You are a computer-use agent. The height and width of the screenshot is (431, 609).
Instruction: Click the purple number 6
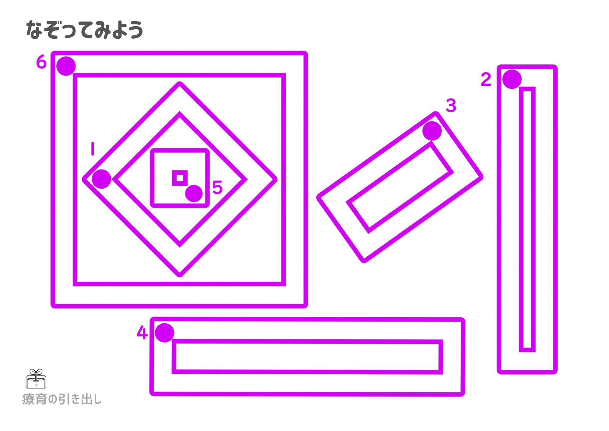point(41,62)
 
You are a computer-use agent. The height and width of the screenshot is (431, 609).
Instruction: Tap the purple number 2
point(486,79)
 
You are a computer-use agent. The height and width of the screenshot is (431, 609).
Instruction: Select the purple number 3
point(451,105)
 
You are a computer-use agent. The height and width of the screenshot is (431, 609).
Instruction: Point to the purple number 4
point(142,332)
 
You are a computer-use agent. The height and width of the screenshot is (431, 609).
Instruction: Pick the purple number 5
point(217,187)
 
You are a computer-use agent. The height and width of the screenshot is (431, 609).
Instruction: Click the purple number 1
point(93,149)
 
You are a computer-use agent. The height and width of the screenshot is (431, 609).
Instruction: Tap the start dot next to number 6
point(66,66)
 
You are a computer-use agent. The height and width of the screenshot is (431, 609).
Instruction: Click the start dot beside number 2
point(512,79)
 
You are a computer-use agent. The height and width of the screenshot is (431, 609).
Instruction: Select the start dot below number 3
point(432,131)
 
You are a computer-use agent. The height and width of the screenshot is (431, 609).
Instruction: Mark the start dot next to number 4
point(164,333)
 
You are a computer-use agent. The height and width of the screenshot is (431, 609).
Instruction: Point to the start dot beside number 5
point(194,193)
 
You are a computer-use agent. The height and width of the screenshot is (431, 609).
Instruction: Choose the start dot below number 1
point(101,179)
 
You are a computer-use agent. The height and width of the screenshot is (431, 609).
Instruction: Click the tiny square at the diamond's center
point(180,178)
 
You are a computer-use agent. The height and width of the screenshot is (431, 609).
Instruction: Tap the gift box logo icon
point(36,379)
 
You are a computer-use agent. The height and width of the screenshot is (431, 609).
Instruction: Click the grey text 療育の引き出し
point(62,399)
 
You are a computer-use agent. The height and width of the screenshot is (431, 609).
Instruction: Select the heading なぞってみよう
point(85,30)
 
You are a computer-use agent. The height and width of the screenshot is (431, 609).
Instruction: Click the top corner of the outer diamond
point(180,84)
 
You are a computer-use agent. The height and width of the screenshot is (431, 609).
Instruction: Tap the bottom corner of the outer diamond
point(180,274)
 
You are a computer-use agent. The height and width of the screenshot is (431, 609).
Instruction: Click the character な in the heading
point(34,30)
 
